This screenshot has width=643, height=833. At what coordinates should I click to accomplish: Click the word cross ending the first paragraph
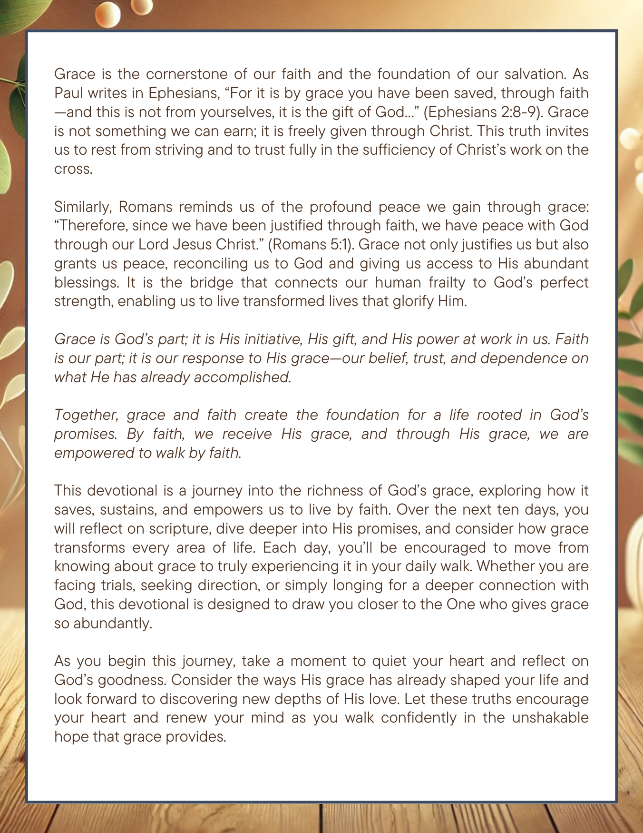click(x=73, y=169)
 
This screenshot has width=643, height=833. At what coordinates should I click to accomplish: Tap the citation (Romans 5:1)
click(x=309, y=245)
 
